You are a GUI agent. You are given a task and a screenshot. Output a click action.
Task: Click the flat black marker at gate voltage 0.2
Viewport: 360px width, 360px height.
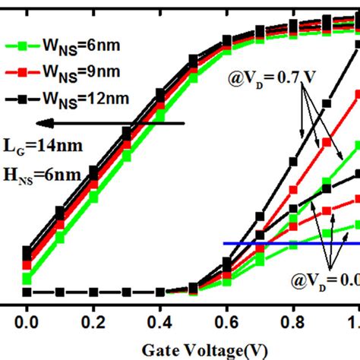pos(93,292)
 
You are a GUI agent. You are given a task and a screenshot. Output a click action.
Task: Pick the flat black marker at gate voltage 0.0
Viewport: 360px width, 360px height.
pos(27,292)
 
